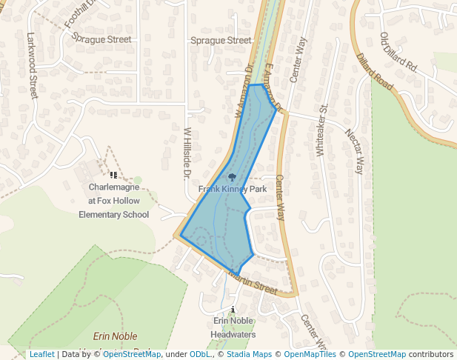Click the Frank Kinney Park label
[x=232, y=190]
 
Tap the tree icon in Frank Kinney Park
[x=233, y=178]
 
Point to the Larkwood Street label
[x=32, y=65]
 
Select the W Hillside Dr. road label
[x=187, y=153]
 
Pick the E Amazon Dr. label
[x=273, y=88]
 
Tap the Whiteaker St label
[x=321, y=130]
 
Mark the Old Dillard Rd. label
[x=399, y=53]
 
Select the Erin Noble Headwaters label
[x=233, y=327]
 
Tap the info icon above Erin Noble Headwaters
[x=233, y=309]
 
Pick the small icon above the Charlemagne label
[x=113, y=176]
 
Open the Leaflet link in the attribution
[x=41, y=354]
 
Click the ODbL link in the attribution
[x=200, y=354]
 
